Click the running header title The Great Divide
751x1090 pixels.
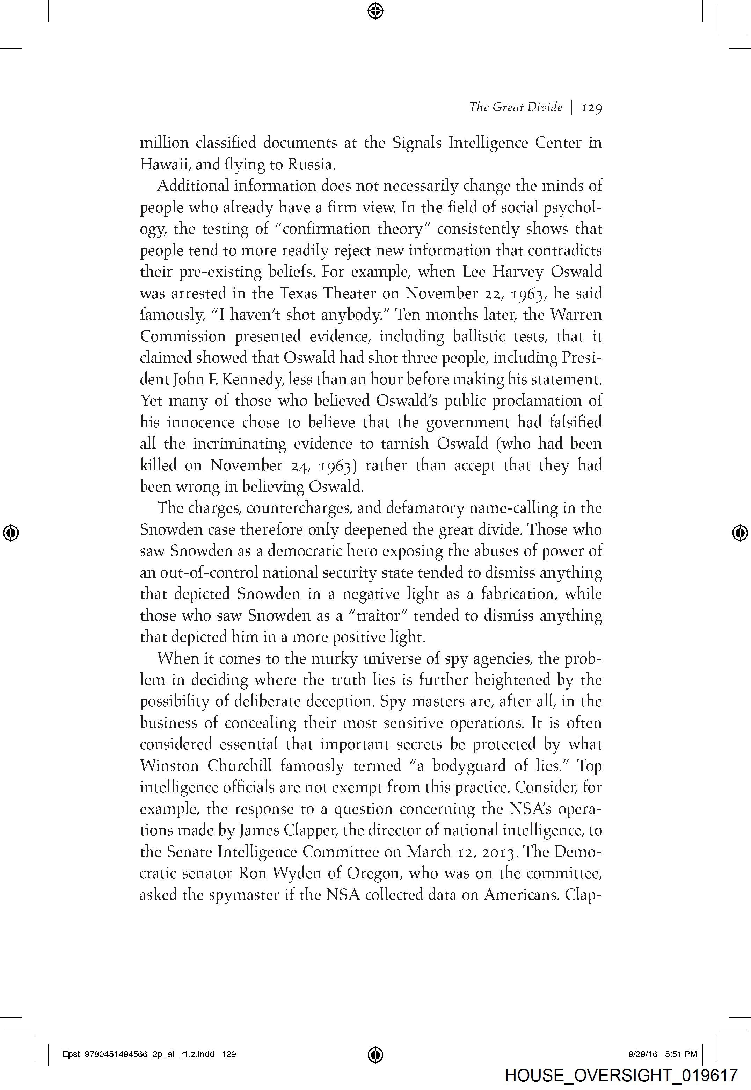click(515, 107)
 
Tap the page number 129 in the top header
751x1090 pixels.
click(591, 108)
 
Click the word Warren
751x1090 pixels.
click(578, 315)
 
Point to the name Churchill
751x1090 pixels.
click(240, 766)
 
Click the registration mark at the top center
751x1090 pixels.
click(375, 10)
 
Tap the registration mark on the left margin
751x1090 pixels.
click(10, 533)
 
